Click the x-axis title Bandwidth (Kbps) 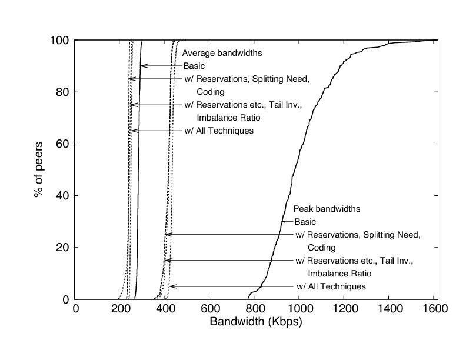click(255, 323)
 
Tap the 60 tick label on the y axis click(64, 144)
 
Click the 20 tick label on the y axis click(64, 247)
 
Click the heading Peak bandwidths click(327, 209)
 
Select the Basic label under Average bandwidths click(194, 66)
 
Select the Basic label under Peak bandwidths click(305, 222)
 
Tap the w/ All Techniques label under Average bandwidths click(218, 131)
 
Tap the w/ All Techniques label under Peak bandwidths click(331, 286)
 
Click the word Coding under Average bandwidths click(211, 92)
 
